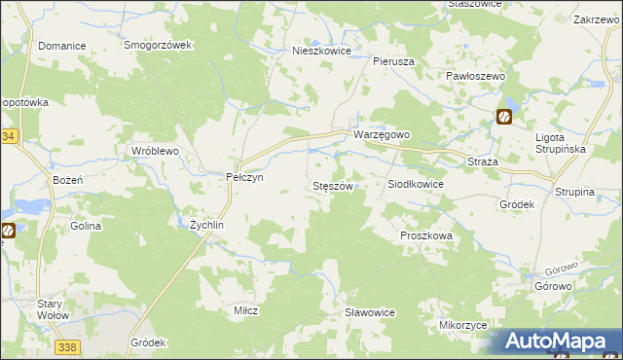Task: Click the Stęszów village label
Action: [337, 185]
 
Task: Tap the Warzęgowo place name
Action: [382, 134]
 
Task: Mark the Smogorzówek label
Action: [160, 46]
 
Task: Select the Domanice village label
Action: [61, 46]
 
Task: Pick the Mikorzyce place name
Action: [462, 325]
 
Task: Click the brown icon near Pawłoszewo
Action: [505, 117]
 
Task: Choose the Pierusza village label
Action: [394, 60]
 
